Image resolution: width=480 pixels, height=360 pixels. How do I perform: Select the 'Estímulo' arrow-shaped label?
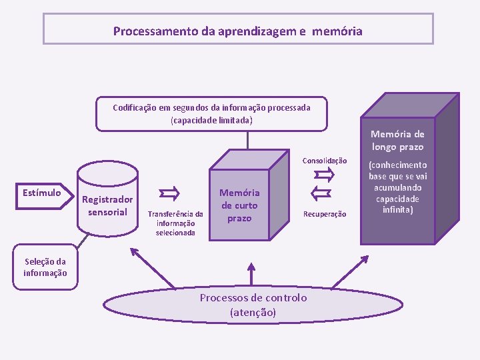(41, 193)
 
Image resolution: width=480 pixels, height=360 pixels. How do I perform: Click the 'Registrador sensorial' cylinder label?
(107, 206)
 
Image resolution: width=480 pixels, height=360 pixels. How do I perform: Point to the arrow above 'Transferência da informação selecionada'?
(170, 194)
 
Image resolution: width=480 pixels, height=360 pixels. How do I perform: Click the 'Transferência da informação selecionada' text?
(175, 223)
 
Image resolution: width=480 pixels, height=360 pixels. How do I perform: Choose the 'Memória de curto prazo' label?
(239, 205)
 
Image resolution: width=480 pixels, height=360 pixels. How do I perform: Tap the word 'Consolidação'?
(325, 161)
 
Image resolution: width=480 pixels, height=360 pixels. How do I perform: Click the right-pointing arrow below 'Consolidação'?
(324, 175)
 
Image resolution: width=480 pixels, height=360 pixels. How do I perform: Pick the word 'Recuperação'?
(325, 214)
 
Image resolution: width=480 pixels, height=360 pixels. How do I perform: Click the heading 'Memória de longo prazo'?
(397, 141)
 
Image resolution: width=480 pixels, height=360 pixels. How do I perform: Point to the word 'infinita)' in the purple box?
(397, 209)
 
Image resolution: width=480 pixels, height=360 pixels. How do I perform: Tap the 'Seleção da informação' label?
(45, 267)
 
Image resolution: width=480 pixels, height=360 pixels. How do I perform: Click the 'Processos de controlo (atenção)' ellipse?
(253, 305)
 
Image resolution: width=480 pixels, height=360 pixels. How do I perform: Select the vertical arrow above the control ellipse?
(251, 273)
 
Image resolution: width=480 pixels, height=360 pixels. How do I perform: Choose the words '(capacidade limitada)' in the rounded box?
(211, 120)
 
